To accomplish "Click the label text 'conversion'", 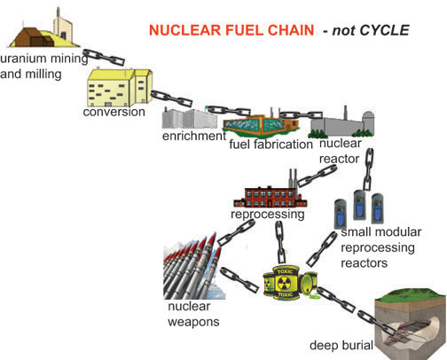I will coord(114,113).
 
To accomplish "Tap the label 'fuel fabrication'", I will coord(271,144).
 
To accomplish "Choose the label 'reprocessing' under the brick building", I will coord(267,214).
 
